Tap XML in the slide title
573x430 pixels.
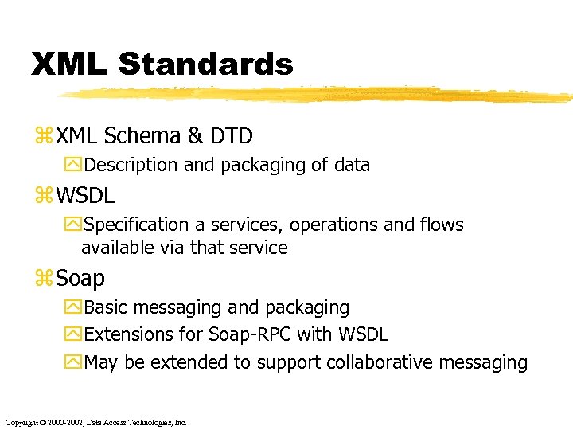click(x=68, y=64)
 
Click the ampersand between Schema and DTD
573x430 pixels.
click(x=196, y=136)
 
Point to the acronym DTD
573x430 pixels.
click(x=232, y=136)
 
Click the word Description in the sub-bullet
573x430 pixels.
click(x=131, y=165)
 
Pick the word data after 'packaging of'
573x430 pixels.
click(x=351, y=165)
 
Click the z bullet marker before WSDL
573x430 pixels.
click(x=43, y=196)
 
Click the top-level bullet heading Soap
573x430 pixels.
click(x=80, y=278)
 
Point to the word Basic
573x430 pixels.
click(x=105, y=307)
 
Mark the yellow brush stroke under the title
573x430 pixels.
click(x=318, y=94)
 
